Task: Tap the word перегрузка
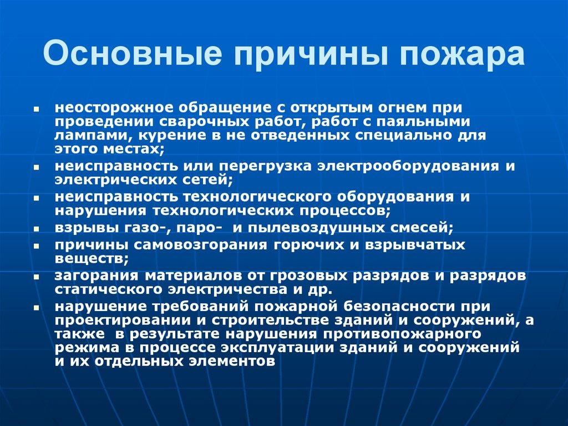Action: [271, 166]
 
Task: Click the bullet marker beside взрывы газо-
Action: [36, 228]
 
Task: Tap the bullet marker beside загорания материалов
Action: [36, 276]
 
